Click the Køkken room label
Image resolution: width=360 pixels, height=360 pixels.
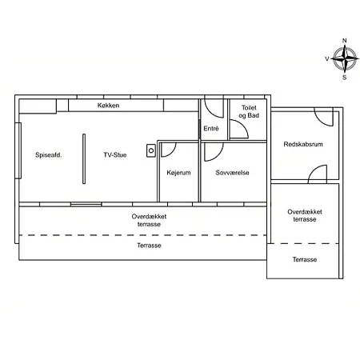coord(108,106)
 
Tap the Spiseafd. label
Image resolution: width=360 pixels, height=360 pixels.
coord(49,155)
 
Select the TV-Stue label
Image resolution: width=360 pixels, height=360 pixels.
coord(115,155)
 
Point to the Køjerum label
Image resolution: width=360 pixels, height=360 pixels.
coord(178,173)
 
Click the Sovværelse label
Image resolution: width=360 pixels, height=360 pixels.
coord(232,173)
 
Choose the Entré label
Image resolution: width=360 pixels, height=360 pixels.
coord(211,129)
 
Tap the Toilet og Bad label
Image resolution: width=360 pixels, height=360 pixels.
coord(249,111)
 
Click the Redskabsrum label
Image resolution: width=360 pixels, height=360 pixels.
coord(303,144)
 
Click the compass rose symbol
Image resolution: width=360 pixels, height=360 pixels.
coord(345,58)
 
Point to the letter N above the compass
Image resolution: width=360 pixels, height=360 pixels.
coord(345,41)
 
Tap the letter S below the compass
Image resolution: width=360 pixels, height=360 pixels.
coord(345,78)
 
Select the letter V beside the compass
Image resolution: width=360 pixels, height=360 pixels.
coord(327,58)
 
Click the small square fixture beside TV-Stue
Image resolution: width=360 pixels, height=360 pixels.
coord(151,150)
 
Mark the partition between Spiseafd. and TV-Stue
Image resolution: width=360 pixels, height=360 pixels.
coord(84,158)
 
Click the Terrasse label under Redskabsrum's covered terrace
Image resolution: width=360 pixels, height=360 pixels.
coord(305,259)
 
